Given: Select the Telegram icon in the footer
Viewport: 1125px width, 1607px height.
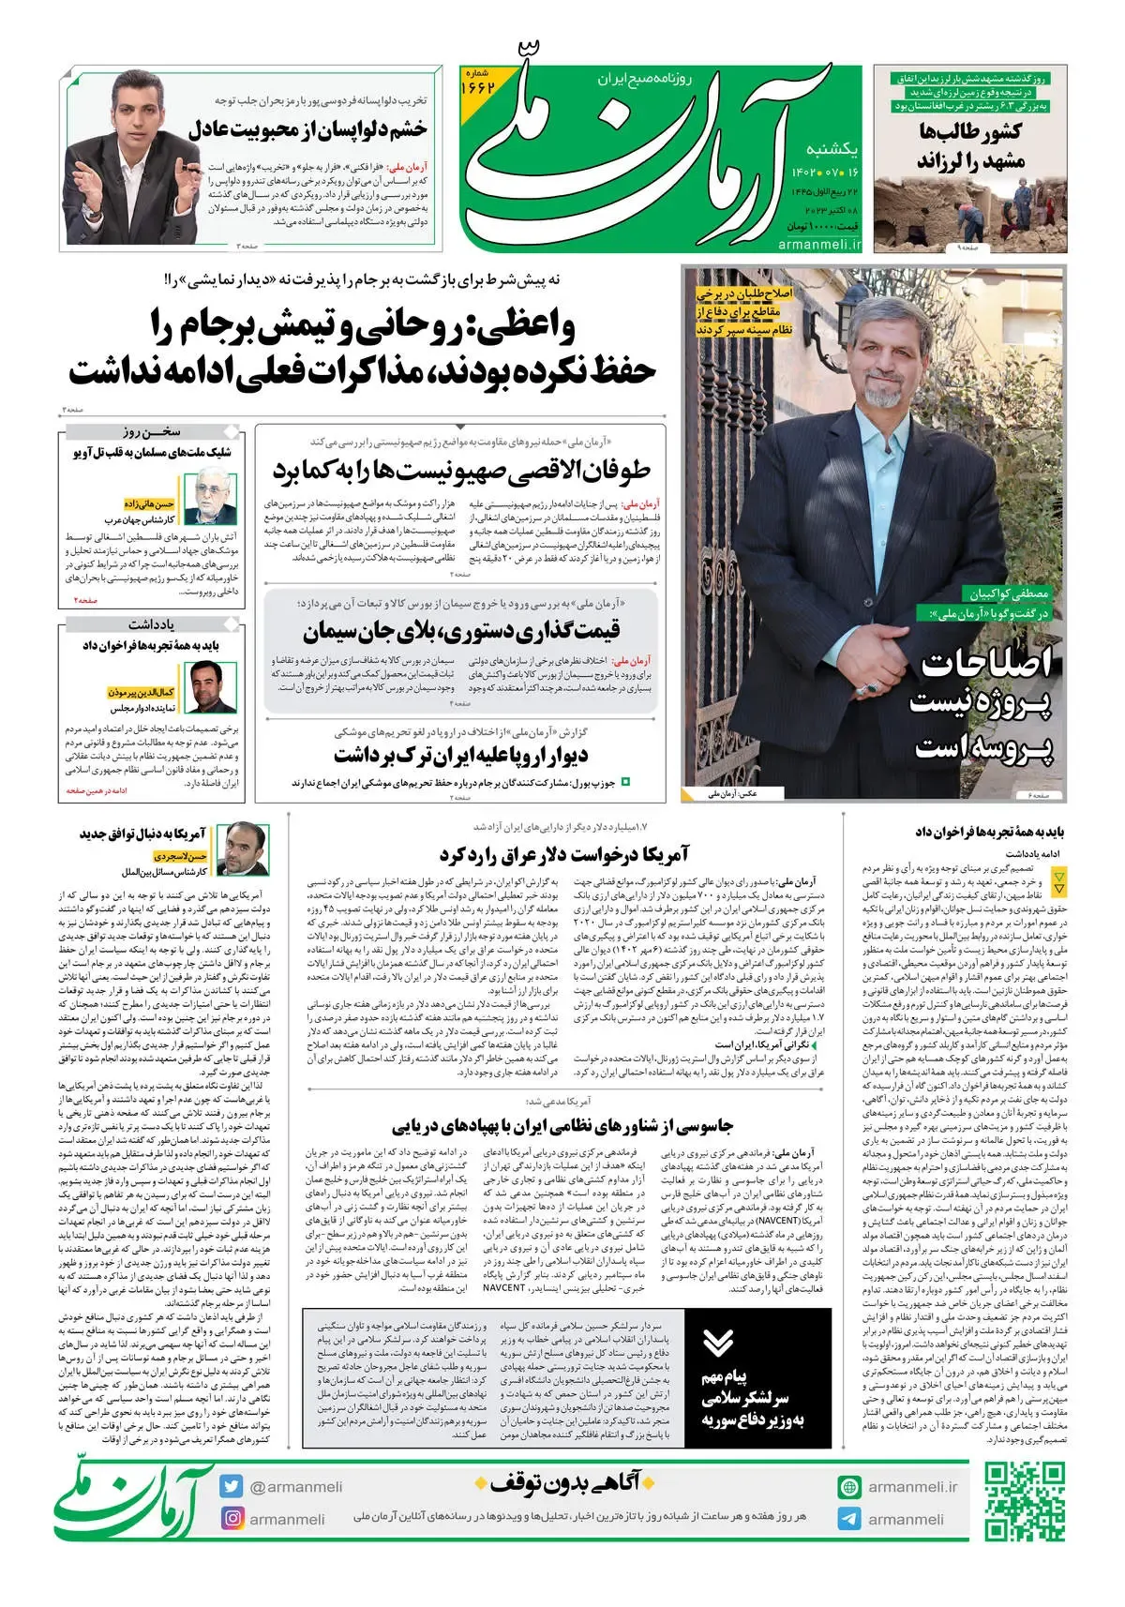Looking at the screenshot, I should (849, 1519).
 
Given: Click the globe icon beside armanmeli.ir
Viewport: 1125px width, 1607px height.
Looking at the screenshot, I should (849, 1487).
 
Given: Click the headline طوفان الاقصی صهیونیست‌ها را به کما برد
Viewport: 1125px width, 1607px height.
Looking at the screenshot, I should (461, 471).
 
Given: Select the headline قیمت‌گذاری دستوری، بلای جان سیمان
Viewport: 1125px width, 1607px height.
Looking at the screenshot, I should (461, 630).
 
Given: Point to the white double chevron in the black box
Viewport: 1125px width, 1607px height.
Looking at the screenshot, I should (718, 1343).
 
